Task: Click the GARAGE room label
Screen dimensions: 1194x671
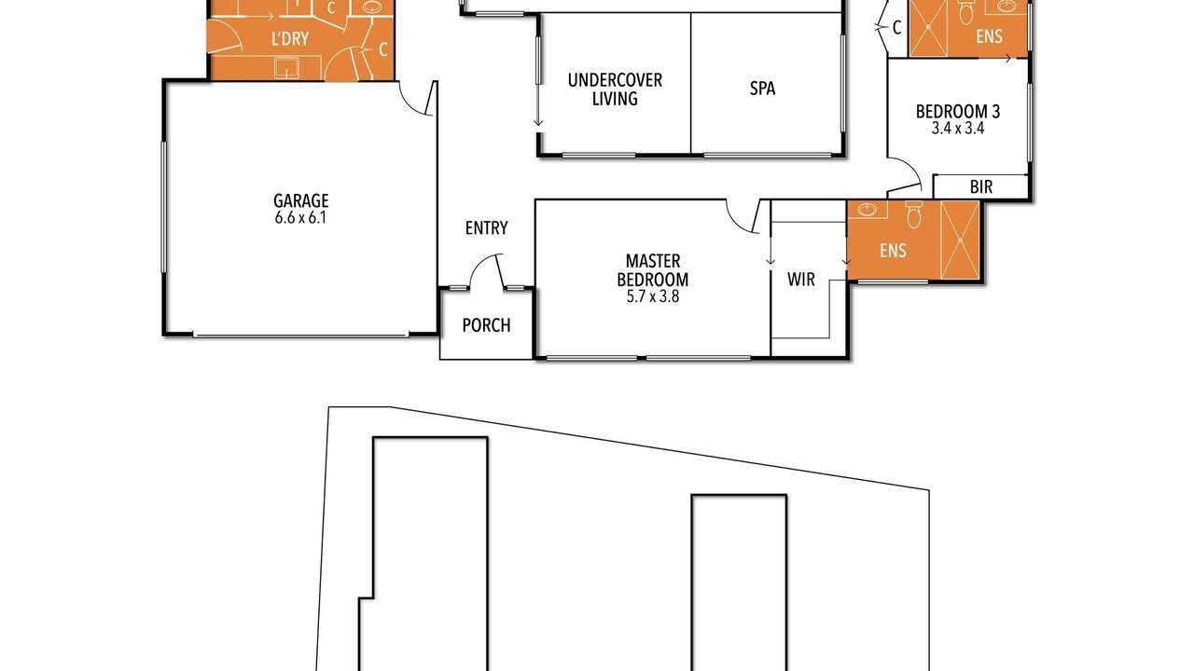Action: [301, 200]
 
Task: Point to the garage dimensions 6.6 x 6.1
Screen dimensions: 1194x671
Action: [300, 218]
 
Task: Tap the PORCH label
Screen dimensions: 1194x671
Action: [486, 325]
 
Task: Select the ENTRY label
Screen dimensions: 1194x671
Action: [486, 228]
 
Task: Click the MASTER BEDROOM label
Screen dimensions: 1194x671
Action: [652, 270]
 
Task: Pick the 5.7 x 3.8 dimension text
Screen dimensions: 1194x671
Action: [652, 296]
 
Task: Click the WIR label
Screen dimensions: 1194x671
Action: [800, 279]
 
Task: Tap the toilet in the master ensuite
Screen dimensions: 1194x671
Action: [913, 214]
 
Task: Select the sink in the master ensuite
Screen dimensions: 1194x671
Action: [868, 210]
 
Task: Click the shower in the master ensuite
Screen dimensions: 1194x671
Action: [960, 240]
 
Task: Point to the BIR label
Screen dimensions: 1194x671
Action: [981, 187]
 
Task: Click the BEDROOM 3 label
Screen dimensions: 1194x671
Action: [958, 111]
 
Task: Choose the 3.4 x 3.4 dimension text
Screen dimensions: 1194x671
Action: [958, 129]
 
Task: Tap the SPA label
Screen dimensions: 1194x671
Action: [762, 89]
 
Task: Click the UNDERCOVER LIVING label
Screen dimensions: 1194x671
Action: [615, 89]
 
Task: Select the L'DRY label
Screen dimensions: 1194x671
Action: [290, 39]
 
